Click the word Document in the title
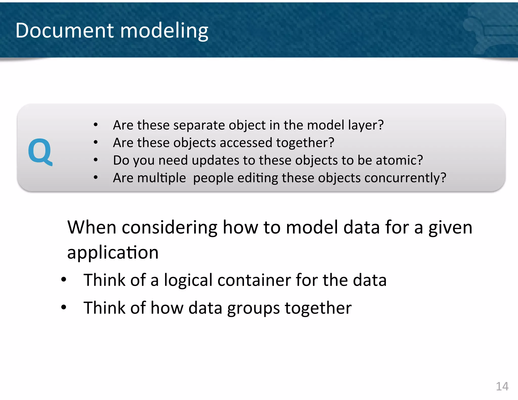(x=65, y=30)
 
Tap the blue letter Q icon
(x=40, y=152)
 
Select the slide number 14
(x=502, y=386)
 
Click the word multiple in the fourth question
(x=162, y=178)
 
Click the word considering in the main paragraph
(x=169, y=228)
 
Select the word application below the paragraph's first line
(x=113, y=253)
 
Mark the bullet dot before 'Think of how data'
(x=63, y=307)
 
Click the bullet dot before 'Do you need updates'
(x=96, y=160)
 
